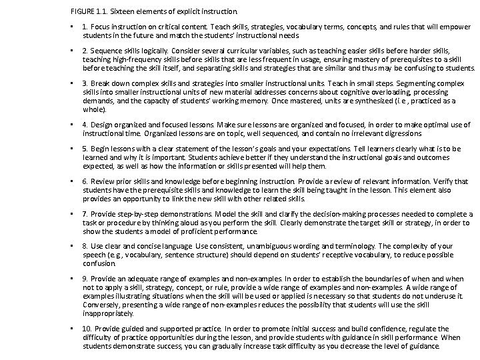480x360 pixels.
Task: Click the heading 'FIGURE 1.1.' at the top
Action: pos(88,11)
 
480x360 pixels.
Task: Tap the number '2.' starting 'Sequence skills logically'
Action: pos(85,50)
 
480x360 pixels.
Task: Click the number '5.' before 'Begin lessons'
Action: pos(85,149)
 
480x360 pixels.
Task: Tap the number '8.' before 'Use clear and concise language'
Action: pos(85,247)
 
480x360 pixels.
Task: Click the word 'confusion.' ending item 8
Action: pos(99,263)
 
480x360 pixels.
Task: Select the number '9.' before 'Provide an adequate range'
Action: pos(85,278)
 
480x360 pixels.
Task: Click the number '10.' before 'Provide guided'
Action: pos(87,329)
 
